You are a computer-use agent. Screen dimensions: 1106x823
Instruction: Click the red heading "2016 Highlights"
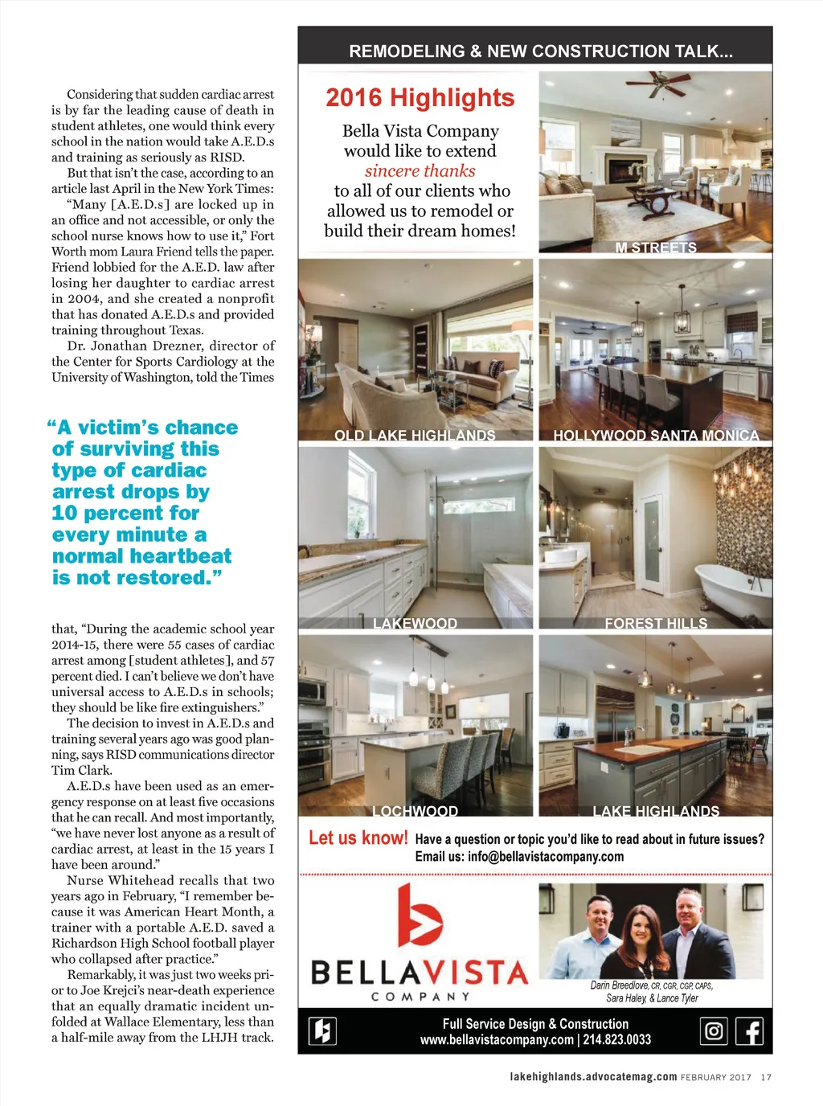[420, 98]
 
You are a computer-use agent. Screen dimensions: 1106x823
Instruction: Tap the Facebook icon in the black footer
[749, 1030]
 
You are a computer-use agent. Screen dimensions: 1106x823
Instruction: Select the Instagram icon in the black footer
[714, 1030]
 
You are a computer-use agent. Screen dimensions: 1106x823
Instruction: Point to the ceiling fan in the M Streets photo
[658, 83]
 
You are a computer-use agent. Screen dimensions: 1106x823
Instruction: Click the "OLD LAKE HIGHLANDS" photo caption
[415, 435]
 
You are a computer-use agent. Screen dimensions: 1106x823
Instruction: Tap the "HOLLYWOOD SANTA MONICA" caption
[656, 435]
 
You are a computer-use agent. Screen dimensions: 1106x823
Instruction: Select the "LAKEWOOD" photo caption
[415, 623]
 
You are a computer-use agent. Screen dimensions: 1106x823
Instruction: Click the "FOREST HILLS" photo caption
[656, 623]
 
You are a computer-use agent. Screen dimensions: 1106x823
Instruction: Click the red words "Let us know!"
[358, 838]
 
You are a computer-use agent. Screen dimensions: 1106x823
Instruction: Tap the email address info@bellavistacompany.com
[545, 857]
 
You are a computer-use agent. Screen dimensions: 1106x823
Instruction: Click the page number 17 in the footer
[766, 1077]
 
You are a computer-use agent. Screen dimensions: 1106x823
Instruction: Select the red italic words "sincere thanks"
[420, 170]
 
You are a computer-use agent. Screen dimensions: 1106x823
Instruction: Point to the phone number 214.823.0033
[616, 1039]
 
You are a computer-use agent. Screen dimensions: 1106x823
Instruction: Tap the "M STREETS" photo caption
[656, 248]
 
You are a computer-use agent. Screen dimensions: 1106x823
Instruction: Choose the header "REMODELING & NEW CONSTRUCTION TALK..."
[541, 51]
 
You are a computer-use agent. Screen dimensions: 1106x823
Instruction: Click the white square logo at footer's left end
[323, 1030]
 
